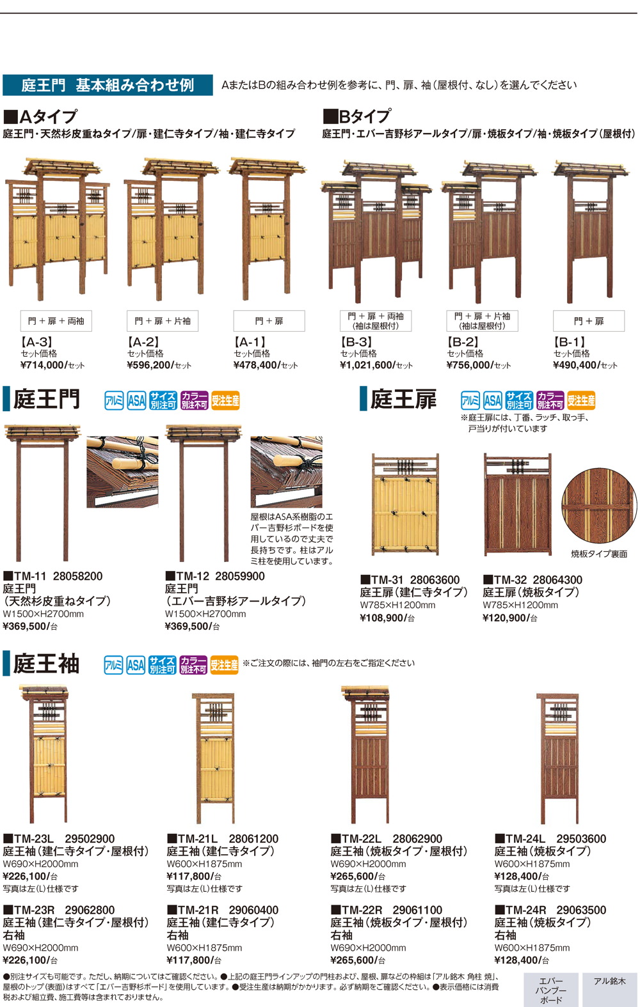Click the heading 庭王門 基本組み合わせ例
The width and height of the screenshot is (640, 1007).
click(x=108, y=85)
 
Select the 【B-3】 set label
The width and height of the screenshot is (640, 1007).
click(x=356, y=342)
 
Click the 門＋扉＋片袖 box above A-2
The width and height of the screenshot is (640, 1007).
click(x=163, y=321)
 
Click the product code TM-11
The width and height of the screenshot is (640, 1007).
click(x=31, y=576)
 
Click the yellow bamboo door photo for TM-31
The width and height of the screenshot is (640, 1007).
click(x=405, y=505)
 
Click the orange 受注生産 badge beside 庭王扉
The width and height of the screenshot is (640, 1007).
click(x=581, y=401)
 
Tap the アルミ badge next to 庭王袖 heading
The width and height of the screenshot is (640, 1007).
click(x=113, y=665)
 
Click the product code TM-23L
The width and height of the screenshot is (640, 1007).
click(x=33, y=839)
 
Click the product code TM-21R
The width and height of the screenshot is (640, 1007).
click(x=197, y=910)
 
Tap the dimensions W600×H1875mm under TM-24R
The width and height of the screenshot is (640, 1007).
click(x=532, y=948)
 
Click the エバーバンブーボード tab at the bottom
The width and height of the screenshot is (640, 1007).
click(x=550, y=990)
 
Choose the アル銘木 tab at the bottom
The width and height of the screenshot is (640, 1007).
click(x=609, y=981)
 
